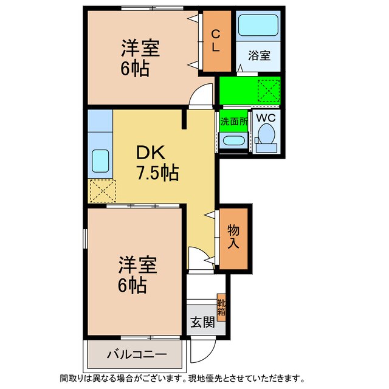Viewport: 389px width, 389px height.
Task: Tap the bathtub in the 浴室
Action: click(x=258, y=26)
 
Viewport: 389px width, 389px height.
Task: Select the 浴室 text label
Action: click(x=259, y=56)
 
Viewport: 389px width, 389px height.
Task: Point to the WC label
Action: click(x=266, y=117)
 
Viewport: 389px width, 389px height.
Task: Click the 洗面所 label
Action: click(x=233, y=120)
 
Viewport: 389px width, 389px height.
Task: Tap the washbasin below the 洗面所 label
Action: click(x=233, y=140)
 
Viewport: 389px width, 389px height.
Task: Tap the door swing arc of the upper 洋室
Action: click(x=198, y=97)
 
